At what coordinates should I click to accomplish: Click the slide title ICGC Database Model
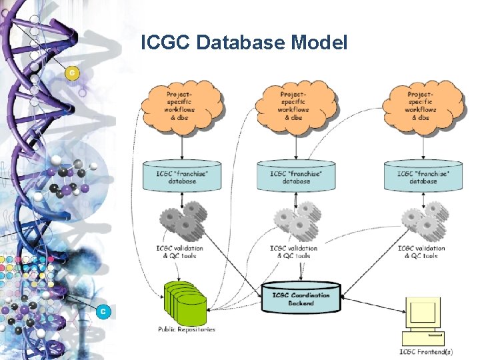coord(244,43)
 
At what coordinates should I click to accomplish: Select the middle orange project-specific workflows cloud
coord(295,105)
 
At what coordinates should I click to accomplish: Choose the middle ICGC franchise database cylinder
coord(295,177)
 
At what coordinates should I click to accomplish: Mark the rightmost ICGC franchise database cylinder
coord(423,177)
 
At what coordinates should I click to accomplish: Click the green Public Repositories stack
coord(185,303)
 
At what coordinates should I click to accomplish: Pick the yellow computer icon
coord(423,319)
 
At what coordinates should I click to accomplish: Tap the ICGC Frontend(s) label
coord(425,351)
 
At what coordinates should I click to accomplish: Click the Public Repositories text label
coord(187,329)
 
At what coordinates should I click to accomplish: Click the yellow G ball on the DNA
coord(72,73)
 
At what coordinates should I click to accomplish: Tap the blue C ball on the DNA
coord(103,311)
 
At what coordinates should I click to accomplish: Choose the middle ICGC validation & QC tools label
coord(294,252)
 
